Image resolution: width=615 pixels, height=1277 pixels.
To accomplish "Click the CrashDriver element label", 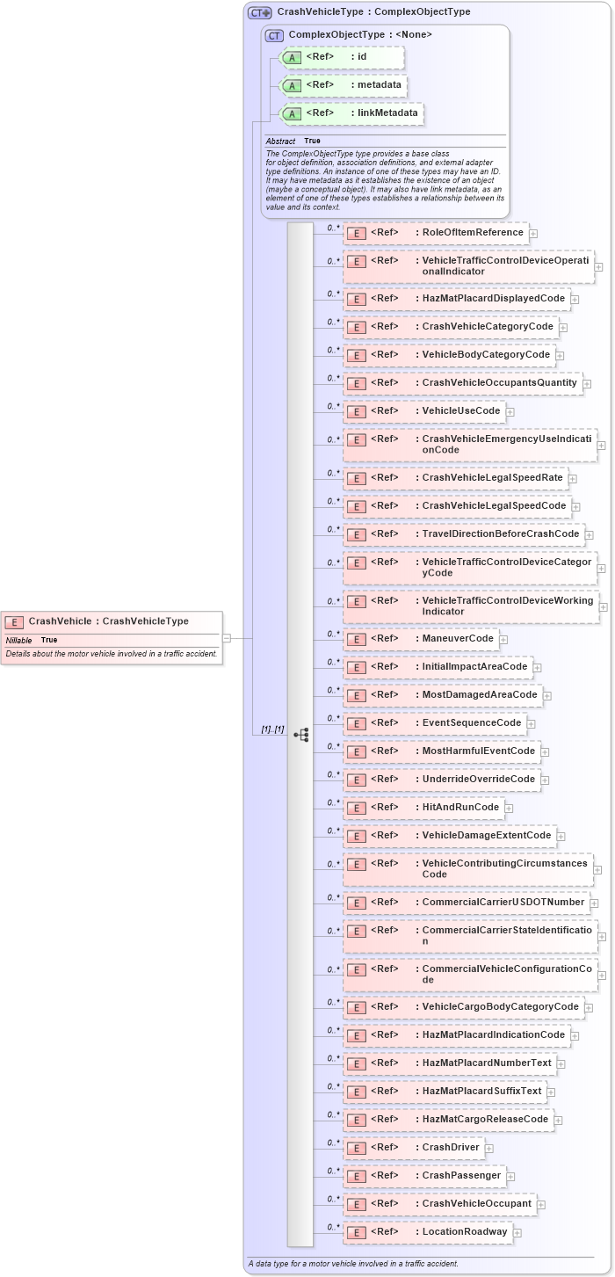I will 451,1147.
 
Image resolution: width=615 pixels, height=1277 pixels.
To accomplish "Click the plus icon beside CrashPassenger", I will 510,1176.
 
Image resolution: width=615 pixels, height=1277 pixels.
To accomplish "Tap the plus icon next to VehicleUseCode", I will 510,412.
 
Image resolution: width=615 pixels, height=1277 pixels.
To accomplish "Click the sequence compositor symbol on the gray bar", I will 300,734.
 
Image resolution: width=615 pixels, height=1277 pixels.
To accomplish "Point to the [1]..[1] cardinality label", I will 272,729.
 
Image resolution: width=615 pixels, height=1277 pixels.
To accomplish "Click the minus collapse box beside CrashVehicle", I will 227,638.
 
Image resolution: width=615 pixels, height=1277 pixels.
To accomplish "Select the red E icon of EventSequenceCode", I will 356,723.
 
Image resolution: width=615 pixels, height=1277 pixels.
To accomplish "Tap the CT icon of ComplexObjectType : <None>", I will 274,35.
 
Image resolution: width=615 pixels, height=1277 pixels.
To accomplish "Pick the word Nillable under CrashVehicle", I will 18,640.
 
